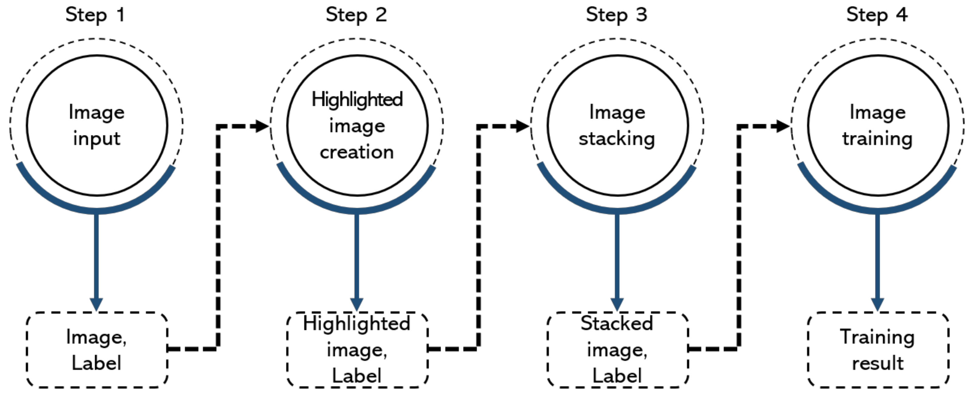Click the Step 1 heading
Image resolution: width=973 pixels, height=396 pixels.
tap(95, 15)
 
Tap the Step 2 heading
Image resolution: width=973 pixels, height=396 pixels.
tap(356, 15)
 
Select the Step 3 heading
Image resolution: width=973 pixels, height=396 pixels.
tap(616, 15)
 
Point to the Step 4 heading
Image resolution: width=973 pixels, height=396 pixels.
tap(877, 15)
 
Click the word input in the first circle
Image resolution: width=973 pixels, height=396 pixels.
tap(97, 139)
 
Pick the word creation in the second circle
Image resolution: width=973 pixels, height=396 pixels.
tap(357, 152)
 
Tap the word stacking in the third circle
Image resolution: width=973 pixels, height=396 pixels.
tap(617, 138)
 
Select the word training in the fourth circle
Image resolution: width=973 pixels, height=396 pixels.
tap(877, 138)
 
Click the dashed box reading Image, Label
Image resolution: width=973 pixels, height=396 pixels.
tap(97, 350)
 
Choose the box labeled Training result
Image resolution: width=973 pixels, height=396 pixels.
tap(878, 350)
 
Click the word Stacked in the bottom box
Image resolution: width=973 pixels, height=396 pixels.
tap(617, 324)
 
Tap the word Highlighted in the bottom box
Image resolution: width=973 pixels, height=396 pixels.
tap(357, 324)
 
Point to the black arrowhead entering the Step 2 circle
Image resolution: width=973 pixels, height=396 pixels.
tap(261, 126)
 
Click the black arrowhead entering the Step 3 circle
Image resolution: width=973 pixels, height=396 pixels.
tap(522, 126)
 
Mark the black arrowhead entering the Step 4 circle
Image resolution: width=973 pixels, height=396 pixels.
tap(782, 126)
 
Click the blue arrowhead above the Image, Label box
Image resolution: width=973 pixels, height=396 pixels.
tap(96, 304)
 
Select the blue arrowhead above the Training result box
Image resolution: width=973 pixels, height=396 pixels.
tap(877, 304)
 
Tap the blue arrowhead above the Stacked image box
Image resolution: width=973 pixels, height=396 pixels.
tap(617, 304)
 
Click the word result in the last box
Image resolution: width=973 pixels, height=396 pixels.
tap(878, 363)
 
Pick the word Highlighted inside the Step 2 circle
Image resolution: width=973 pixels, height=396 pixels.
tap(357, 100)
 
